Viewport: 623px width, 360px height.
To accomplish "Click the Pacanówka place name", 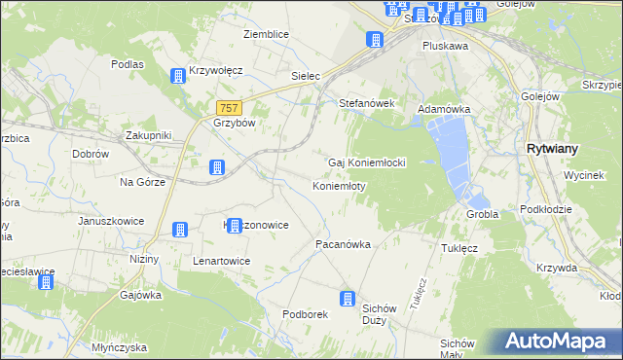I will (x=343, y=244).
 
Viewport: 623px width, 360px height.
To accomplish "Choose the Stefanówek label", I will (x=365, y=102).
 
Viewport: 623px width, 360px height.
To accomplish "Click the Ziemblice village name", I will (x=266, y=34).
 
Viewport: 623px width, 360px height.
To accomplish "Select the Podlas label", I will (x=128, y=64).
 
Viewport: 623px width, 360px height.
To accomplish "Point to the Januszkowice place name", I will (x=111, y=221).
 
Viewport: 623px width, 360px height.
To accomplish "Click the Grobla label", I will (x=482, y=214).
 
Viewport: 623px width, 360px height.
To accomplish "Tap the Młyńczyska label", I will (x=116, y=347).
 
